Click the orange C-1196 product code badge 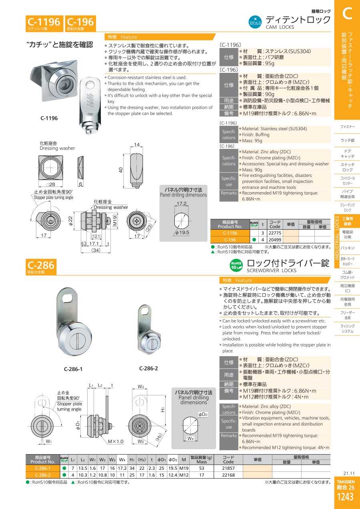coord(44,23)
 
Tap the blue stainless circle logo coord(255,22)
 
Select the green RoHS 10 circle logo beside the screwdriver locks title coord(236,265)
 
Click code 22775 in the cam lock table coord(275,233)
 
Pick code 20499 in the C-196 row coord(275,240)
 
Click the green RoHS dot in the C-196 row coord(254,240)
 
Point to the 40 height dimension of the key coord(121,170)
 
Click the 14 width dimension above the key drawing coord(137,144)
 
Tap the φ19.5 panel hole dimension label coord(182,232)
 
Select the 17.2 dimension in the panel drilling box coord(182,204)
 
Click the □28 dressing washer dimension coord(50,184)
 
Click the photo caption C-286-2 coord(148,368)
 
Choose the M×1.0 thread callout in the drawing coord(116,441)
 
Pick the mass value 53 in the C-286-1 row coord(202,468)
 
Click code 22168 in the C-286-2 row coord(228,475)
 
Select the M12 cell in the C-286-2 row coord(184,475)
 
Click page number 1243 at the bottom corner coord(345,497)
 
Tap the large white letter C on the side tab coord(347,14)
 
